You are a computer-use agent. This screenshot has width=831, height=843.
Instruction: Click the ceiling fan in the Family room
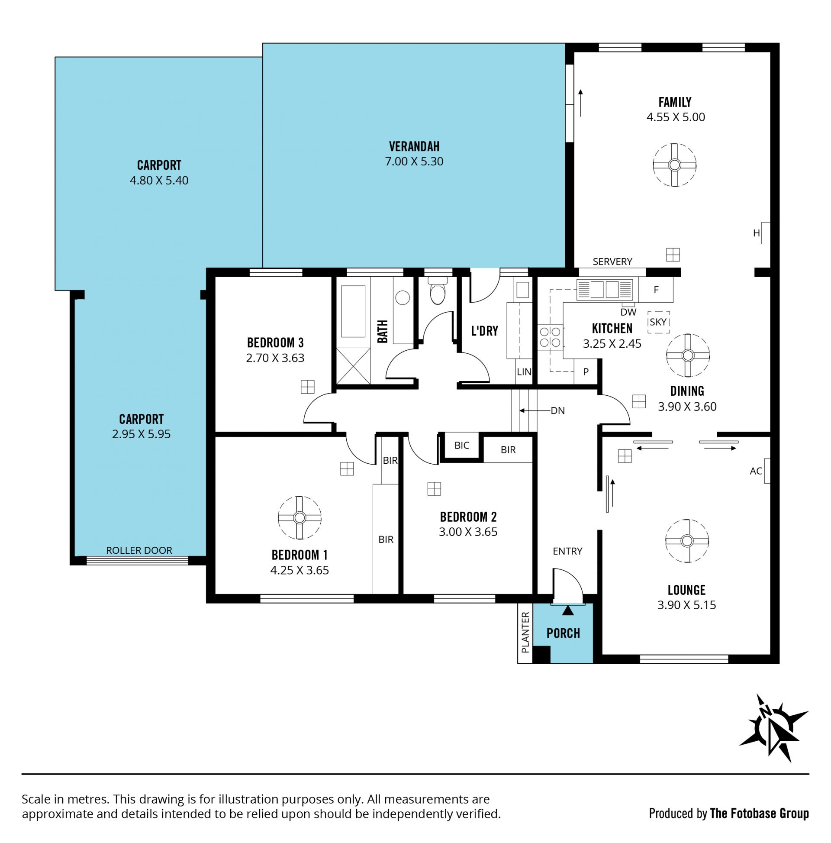pyautogui.click(x=674, y=165)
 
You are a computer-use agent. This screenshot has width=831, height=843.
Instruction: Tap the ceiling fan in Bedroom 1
pyautogui.click(x=299, y=517)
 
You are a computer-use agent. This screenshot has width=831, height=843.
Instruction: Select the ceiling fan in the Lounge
pyautogui.click(x=686, y=541)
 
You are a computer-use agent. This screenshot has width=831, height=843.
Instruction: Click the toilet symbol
pyautogui.click(x=437, y=291)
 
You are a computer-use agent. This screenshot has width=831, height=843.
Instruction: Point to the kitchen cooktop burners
pyautogui.click(x=551, y=337)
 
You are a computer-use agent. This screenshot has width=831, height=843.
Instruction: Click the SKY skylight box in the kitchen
pyautogui.click(x=658, y=322)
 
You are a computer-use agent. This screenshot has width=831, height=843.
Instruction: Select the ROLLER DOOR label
pyautogui.click(x=139, y=550)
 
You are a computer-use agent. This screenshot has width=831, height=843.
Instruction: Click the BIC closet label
pyautogui.click(x=461, y=445)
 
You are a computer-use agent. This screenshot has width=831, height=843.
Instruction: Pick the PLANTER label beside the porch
pyautogui.click(x=525, y=632)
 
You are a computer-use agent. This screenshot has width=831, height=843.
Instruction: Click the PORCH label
pyautogui.click(x=563, y=633)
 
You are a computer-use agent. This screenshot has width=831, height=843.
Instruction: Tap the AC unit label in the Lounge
pyautogui.click(x=756, y=471)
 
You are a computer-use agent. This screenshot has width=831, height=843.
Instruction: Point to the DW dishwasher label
pyautogui.click(x=628, y=312)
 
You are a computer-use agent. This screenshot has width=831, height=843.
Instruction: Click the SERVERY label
pyautogui.click(x=612, y=262)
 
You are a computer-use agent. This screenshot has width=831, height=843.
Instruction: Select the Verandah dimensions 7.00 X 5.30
pyautogui.click(x=414, y=161)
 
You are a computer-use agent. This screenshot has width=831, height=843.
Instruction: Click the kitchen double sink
pyautogui.click(x=604, y=290)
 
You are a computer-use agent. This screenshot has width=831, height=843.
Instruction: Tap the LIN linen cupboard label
pyautogui.click(x=524, y=372)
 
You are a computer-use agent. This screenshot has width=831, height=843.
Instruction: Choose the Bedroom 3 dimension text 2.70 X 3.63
pyautogui.click(x=275, y=358)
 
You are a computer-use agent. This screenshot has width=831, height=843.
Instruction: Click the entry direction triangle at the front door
pyautogui.click(x=567, y=610)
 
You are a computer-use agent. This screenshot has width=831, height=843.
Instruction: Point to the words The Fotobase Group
pyautogui.click(x=760, y=813)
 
